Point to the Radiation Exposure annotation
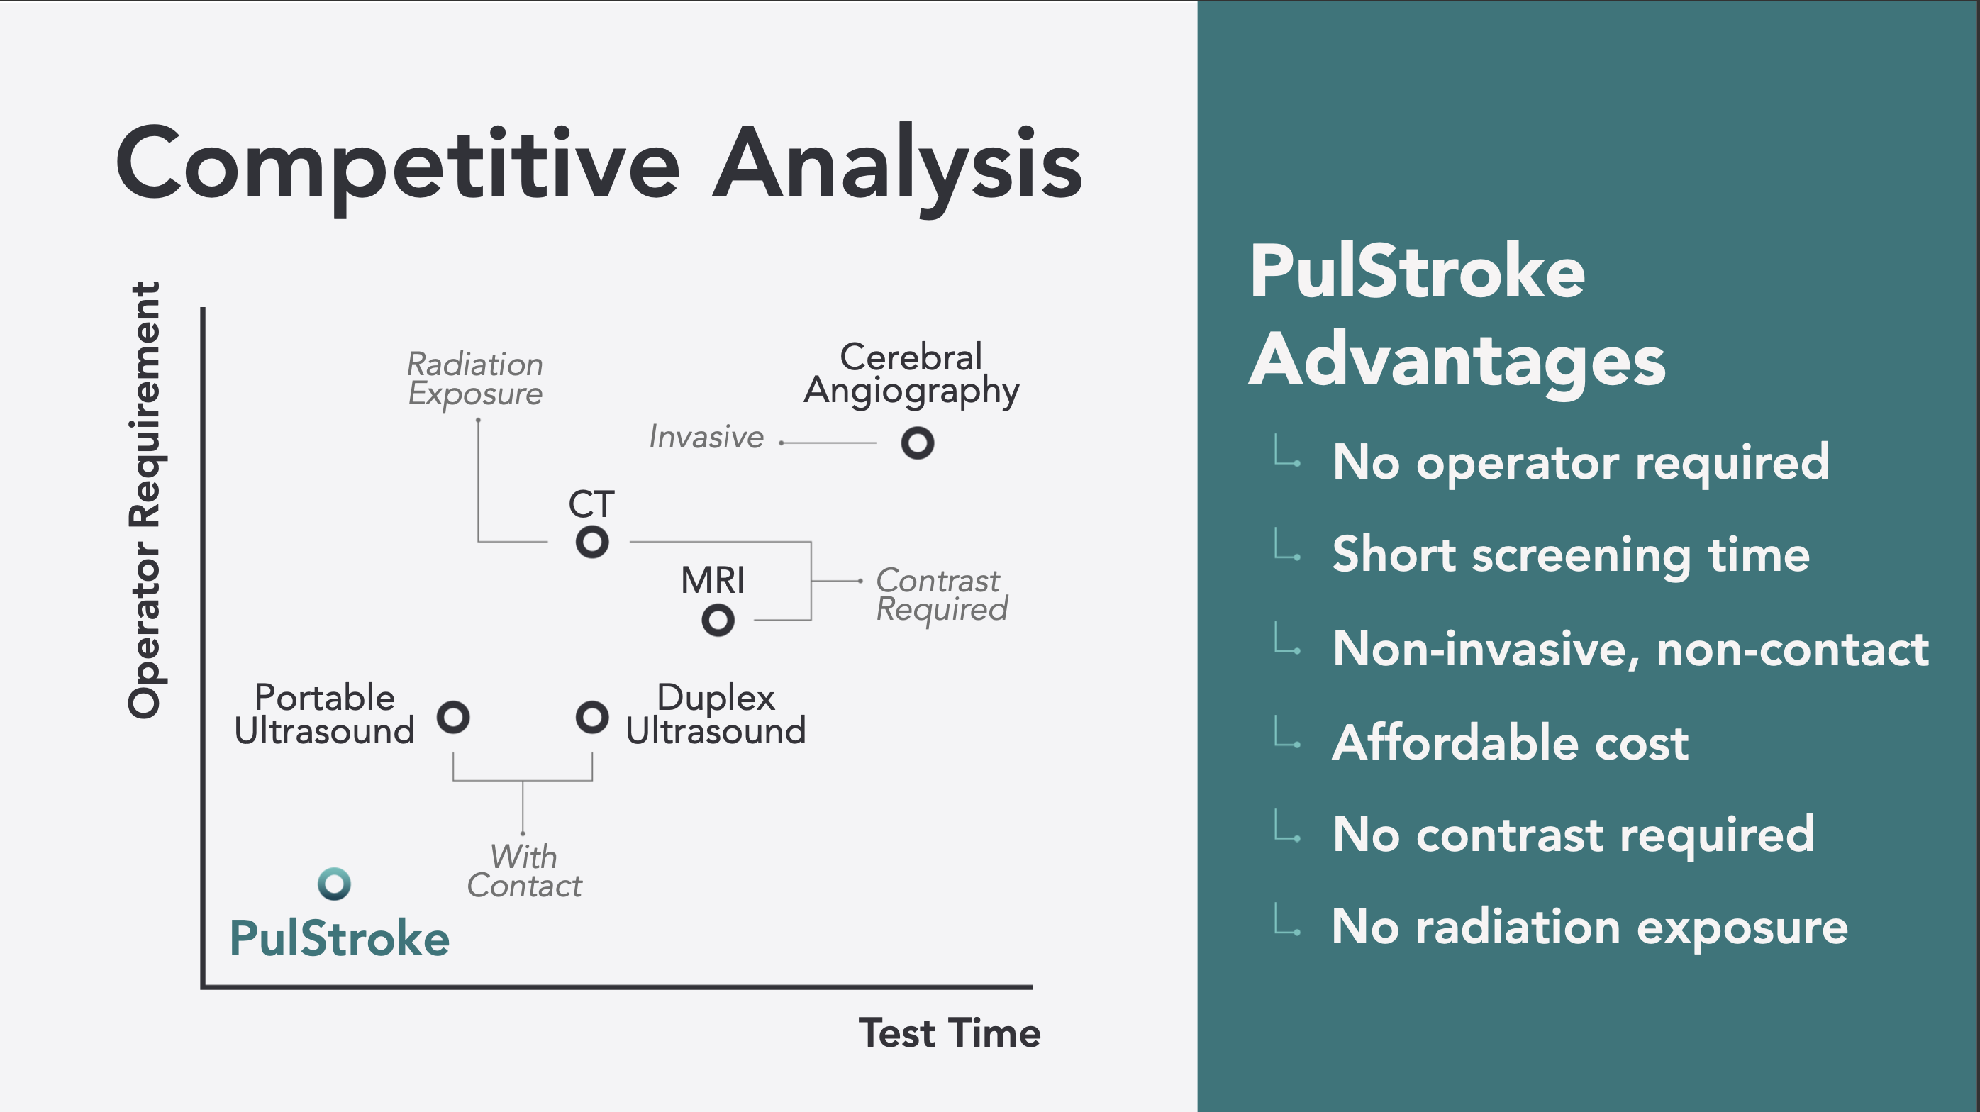click(475, 379)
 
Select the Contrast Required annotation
click(942, 595)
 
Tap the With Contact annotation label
click(525, 872)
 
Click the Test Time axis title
click(950, 1033)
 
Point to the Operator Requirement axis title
click(145, 500)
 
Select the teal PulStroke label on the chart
click(340, 938)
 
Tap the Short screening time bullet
click(1571, 555)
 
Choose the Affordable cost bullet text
click(1511, 743)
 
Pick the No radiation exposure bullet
click(1589, 928)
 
